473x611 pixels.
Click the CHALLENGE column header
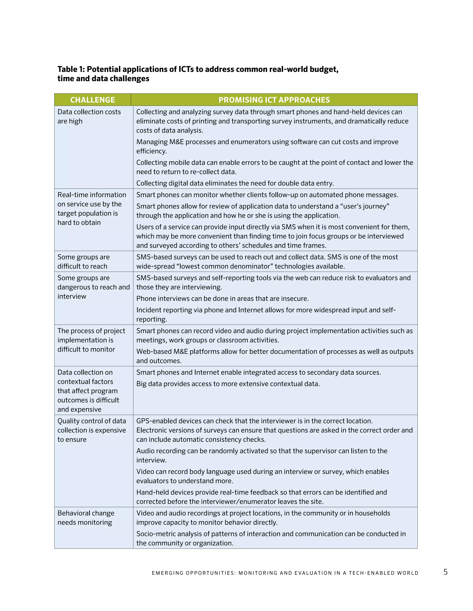[x=92, y=100]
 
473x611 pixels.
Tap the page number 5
[x=445, y=572]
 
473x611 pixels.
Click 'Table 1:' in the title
[x=71, y=69]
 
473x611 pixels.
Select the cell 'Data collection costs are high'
[x=89, y=116]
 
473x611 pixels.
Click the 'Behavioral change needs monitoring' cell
[x=86, y=518]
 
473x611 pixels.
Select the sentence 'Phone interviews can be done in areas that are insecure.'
[x=222, y=299]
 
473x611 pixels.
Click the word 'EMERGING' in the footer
[x=167, y=573]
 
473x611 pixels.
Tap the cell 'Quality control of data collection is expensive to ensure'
[x=92, y=430]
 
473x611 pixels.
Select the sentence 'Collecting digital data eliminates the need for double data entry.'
[x=235, y=183]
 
